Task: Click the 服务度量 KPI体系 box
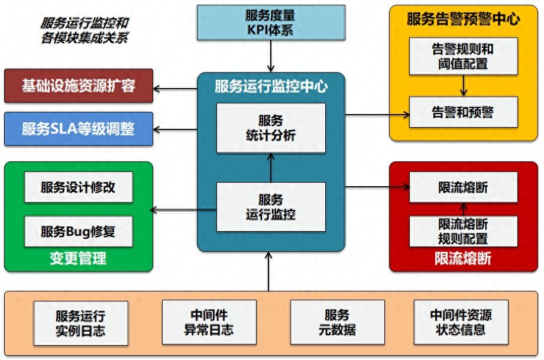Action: (271, 22)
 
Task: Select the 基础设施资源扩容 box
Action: (79, 86)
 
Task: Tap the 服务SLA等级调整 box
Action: (79, 129)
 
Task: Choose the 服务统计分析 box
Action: (271, 128)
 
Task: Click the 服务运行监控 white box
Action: (271, 207)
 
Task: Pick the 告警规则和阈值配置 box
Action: (464, 56)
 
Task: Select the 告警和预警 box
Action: (464, 112)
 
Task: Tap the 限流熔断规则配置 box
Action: (464, 231)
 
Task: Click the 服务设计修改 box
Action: (79, 187)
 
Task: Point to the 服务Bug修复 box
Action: (79, 231)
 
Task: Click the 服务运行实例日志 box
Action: (81, 323)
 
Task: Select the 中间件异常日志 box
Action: (209, 322)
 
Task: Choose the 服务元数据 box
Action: (338, 322)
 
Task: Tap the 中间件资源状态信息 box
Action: (461, 322)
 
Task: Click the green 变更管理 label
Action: (78, 258)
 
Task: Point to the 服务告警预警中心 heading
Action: (464, 19)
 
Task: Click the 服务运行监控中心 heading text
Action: (271, 86)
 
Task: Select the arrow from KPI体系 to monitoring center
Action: (271, 56)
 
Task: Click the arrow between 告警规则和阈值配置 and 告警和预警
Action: (464, 86)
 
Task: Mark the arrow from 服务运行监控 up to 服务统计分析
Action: (271, 167)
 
